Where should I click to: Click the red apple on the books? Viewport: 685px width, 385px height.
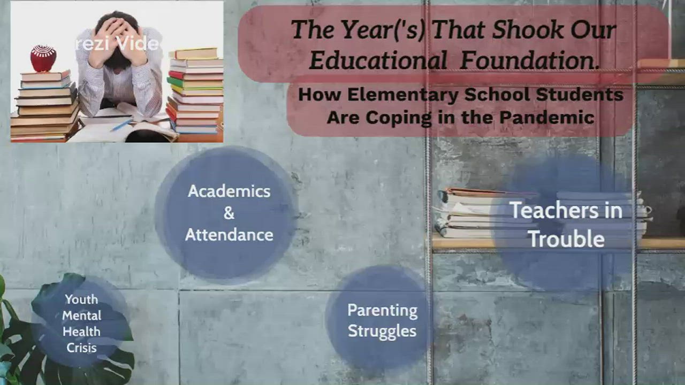click(43, 58)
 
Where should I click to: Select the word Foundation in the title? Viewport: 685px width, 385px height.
click(529, 61)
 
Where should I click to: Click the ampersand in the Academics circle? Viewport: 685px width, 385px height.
click(229, 213)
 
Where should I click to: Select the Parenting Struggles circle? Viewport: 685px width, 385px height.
click(382, 320)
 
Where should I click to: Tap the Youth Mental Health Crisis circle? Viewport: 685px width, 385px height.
click(81, 323)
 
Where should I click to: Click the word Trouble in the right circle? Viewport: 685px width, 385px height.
click(566, 239)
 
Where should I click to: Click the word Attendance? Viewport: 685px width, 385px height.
click(229, 234)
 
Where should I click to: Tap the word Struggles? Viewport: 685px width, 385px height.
click(382, 330)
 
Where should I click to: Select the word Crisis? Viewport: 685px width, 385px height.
click(81, 348)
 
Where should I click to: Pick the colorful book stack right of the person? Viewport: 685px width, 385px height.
click(195, 91)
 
